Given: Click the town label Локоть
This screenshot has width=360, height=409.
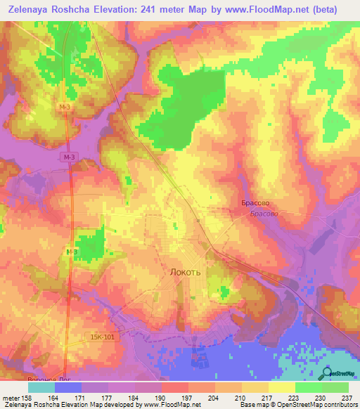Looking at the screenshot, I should pyautogui.click(x=186, y=271).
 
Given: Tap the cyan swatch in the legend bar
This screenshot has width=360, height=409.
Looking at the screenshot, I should pyautogui.click(x=41, y=387).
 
